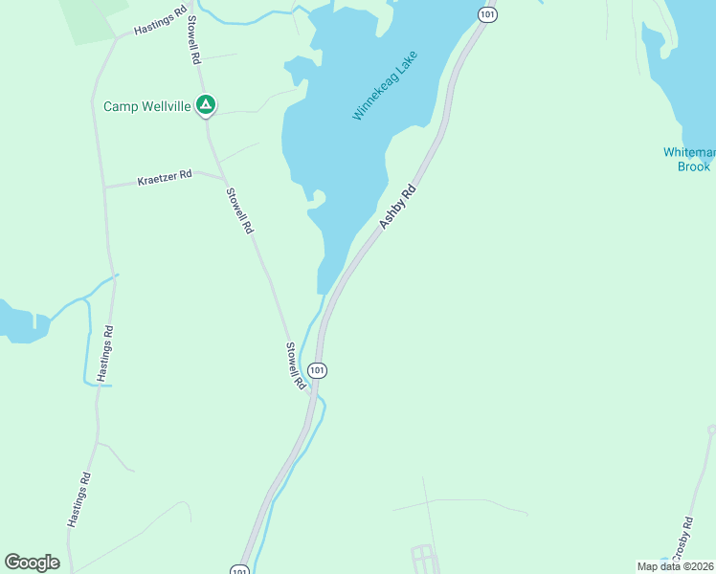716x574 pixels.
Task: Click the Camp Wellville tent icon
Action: [x=205, y=104]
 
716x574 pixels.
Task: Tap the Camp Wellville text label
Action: [x=147, y=106]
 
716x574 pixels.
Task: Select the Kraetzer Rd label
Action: [x=165, y=178]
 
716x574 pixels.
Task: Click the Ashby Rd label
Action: [x=399, y=206]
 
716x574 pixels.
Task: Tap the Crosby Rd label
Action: [x=681, y=540]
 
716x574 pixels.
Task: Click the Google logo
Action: [x=32, y=563]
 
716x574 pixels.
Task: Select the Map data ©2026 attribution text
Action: [x=675, y=566]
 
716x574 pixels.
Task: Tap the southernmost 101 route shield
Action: [x=239, y=570]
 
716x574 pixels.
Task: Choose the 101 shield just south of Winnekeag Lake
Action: [x=319, y=369]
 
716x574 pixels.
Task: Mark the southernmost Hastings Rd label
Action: [x=79, y=500]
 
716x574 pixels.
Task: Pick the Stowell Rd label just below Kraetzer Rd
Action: [x=238, y=210]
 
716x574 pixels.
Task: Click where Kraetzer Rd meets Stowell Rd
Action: [x=224, y=178]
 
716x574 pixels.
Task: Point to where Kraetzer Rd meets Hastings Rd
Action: [x=105, y=187]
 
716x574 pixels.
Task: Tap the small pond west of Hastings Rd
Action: [x=21, y=322]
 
